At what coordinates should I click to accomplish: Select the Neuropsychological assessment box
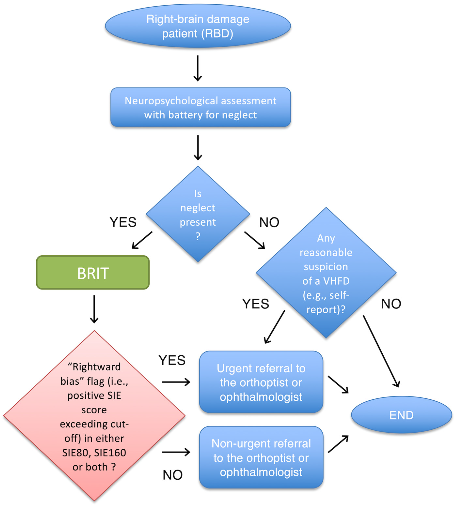201,107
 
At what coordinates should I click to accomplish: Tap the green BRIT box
93,272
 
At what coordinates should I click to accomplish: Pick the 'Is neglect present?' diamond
198,214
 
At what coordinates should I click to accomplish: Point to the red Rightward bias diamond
94,416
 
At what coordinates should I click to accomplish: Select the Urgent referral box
261,382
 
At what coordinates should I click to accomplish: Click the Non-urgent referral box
261,457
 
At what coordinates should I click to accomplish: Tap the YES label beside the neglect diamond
123,222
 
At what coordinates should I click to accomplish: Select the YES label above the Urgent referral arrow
172,360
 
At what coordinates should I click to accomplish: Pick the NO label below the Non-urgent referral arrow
173,475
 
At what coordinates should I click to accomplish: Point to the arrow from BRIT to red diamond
94,309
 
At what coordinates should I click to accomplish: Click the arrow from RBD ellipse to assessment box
198,68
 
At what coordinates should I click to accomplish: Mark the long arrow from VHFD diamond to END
381,351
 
